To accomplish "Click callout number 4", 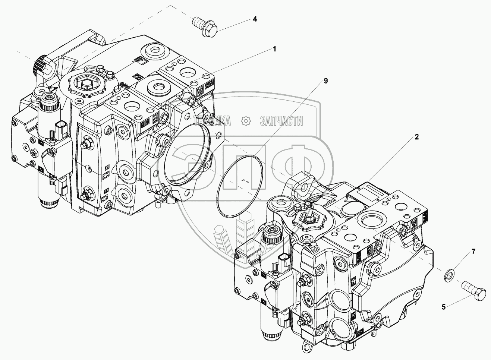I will tap(255, 19).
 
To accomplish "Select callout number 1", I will tap(274, 48).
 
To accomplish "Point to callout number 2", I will tap(416, 137).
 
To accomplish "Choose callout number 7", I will tap(473, 252).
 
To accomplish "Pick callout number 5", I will tap(444, 307).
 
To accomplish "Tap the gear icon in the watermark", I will tap(245, 120).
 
